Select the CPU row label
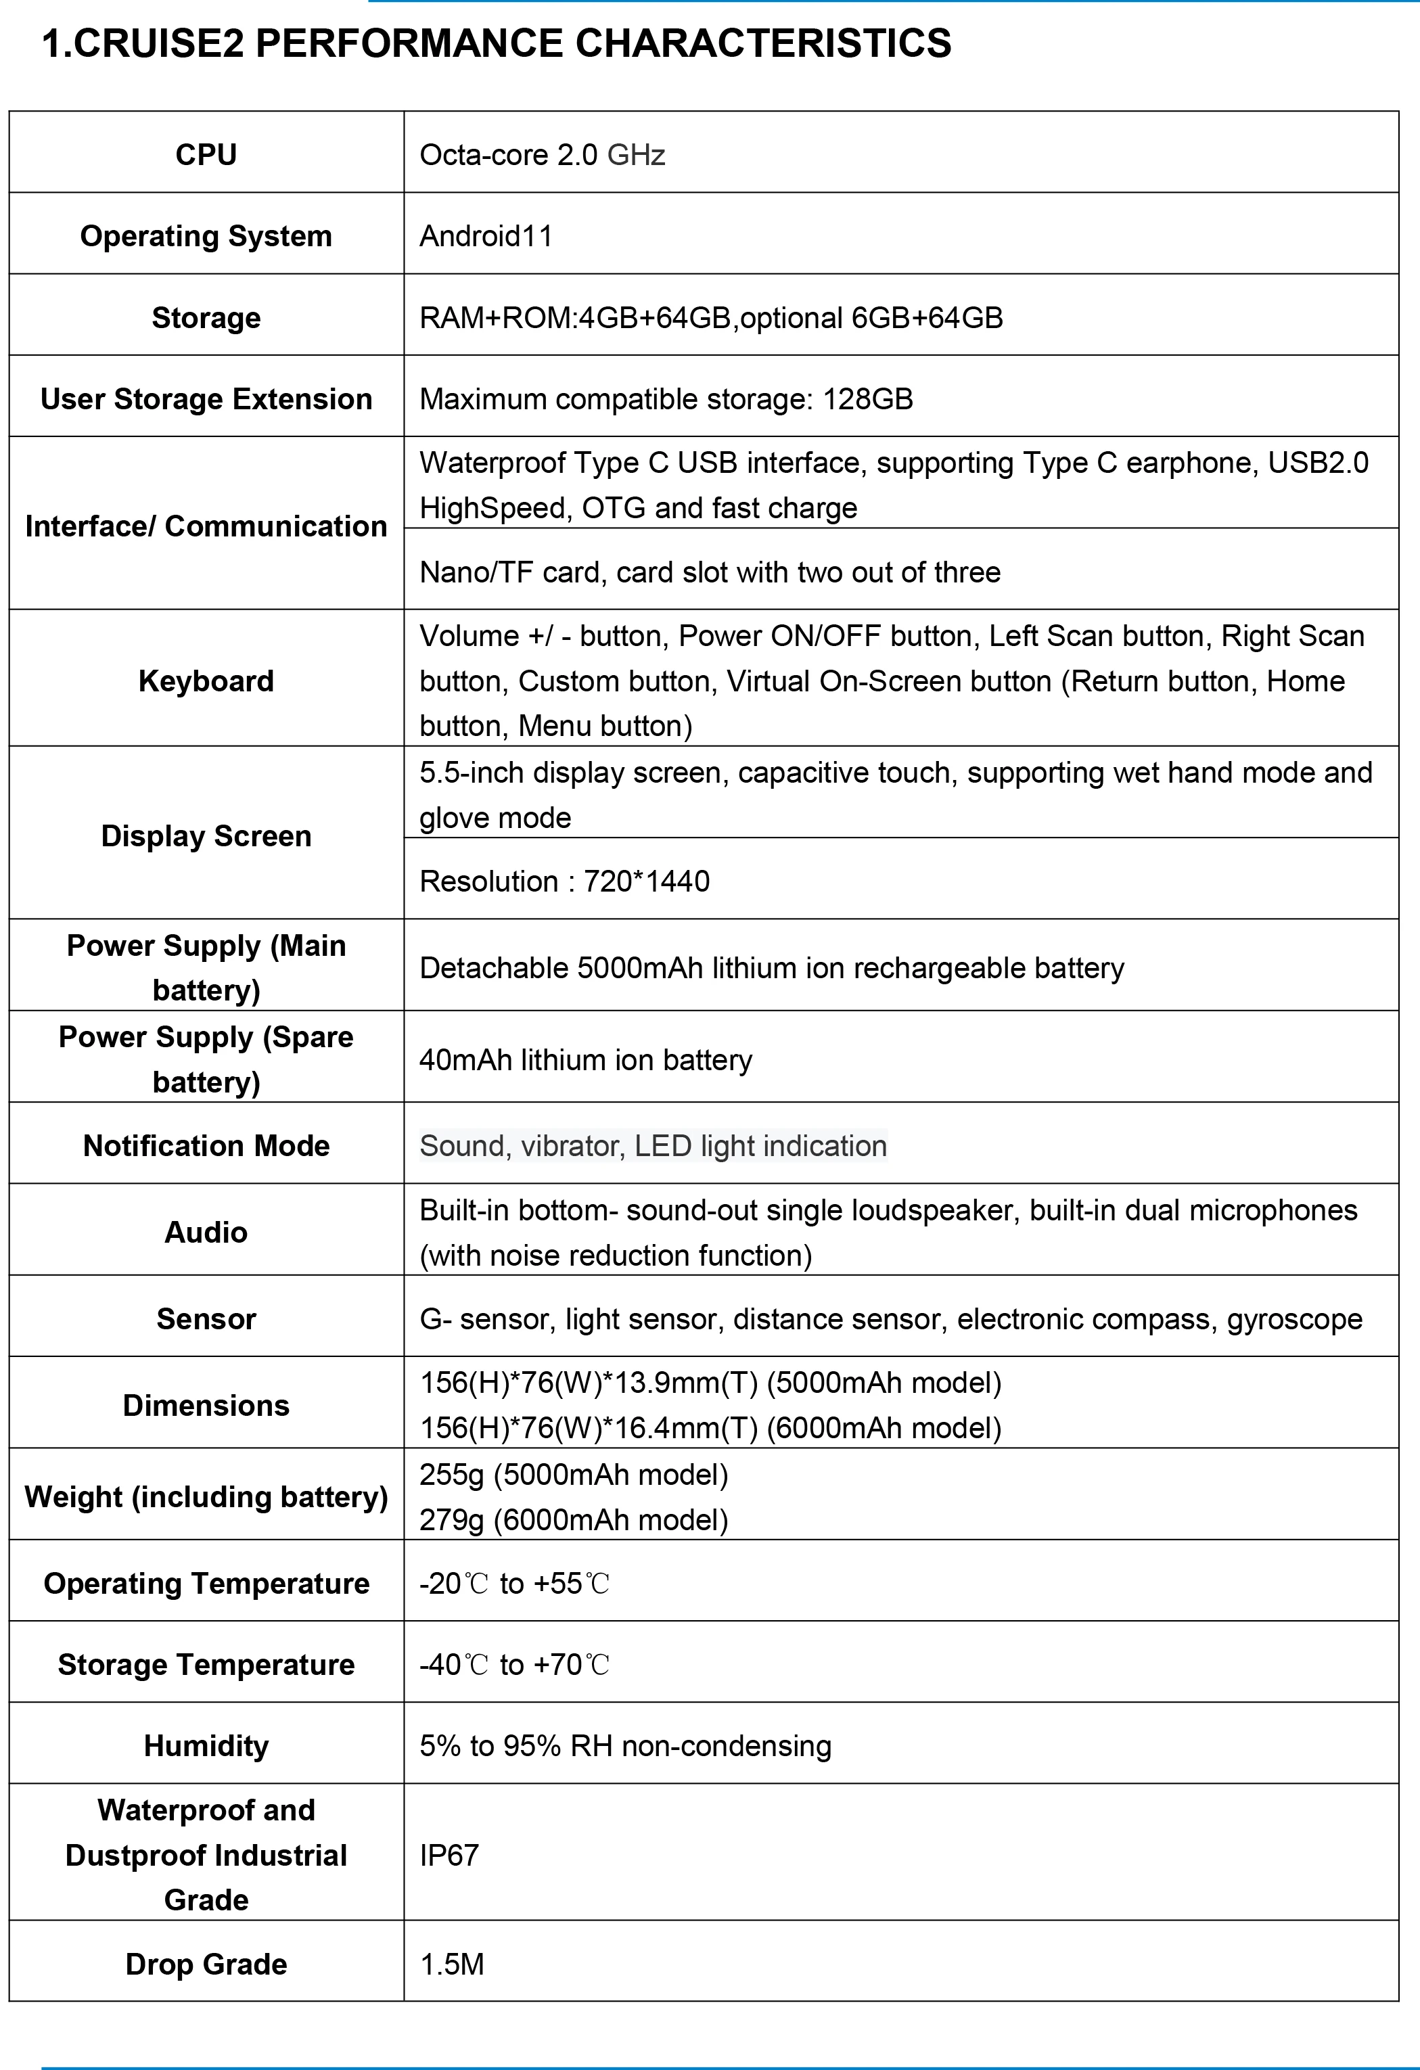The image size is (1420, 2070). pos(206,155)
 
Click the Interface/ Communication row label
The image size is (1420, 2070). pos(206,526)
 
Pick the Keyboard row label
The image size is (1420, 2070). pos(206,681)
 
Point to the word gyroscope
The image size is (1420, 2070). pos(1293,1318)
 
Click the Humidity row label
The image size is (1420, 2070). pos(206,1746)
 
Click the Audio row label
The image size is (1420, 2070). pos(206,1232)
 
